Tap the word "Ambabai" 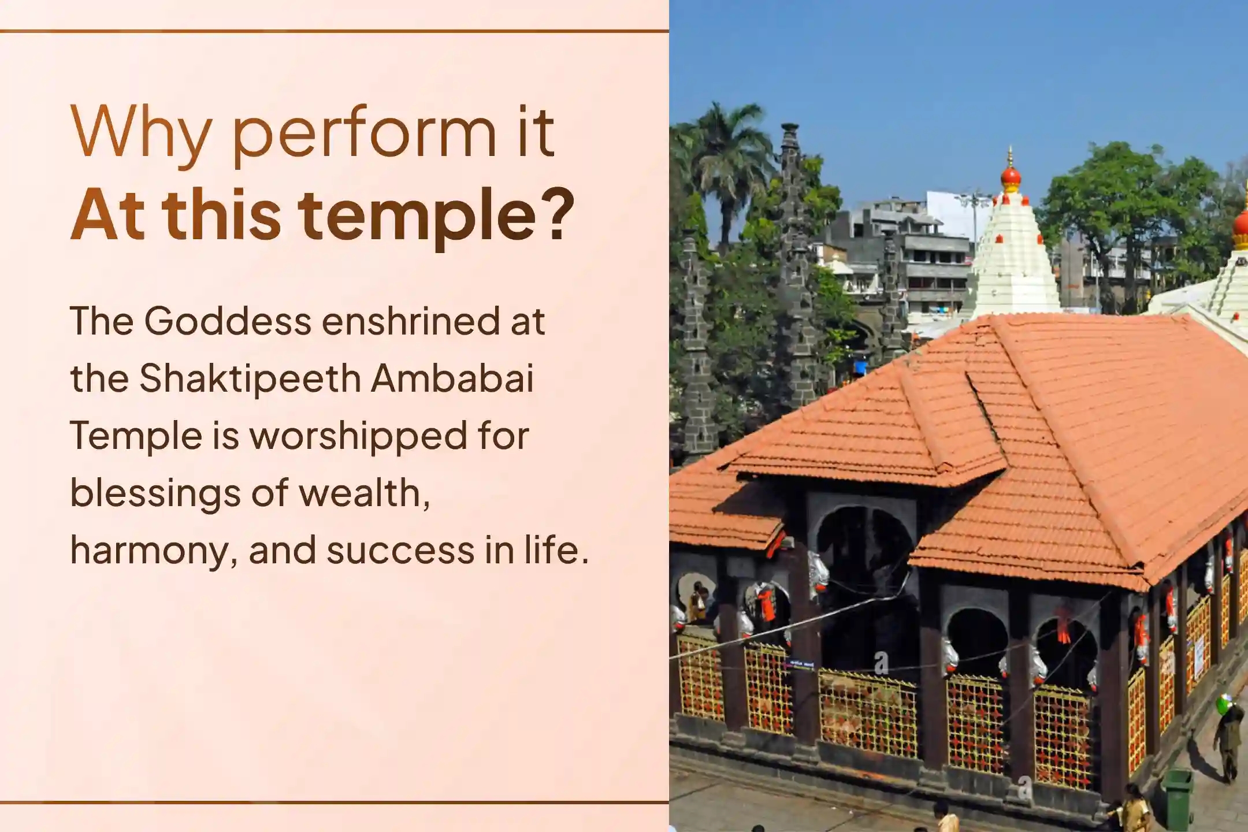452,378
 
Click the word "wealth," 365,494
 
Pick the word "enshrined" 410,321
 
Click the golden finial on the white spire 1010,156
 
